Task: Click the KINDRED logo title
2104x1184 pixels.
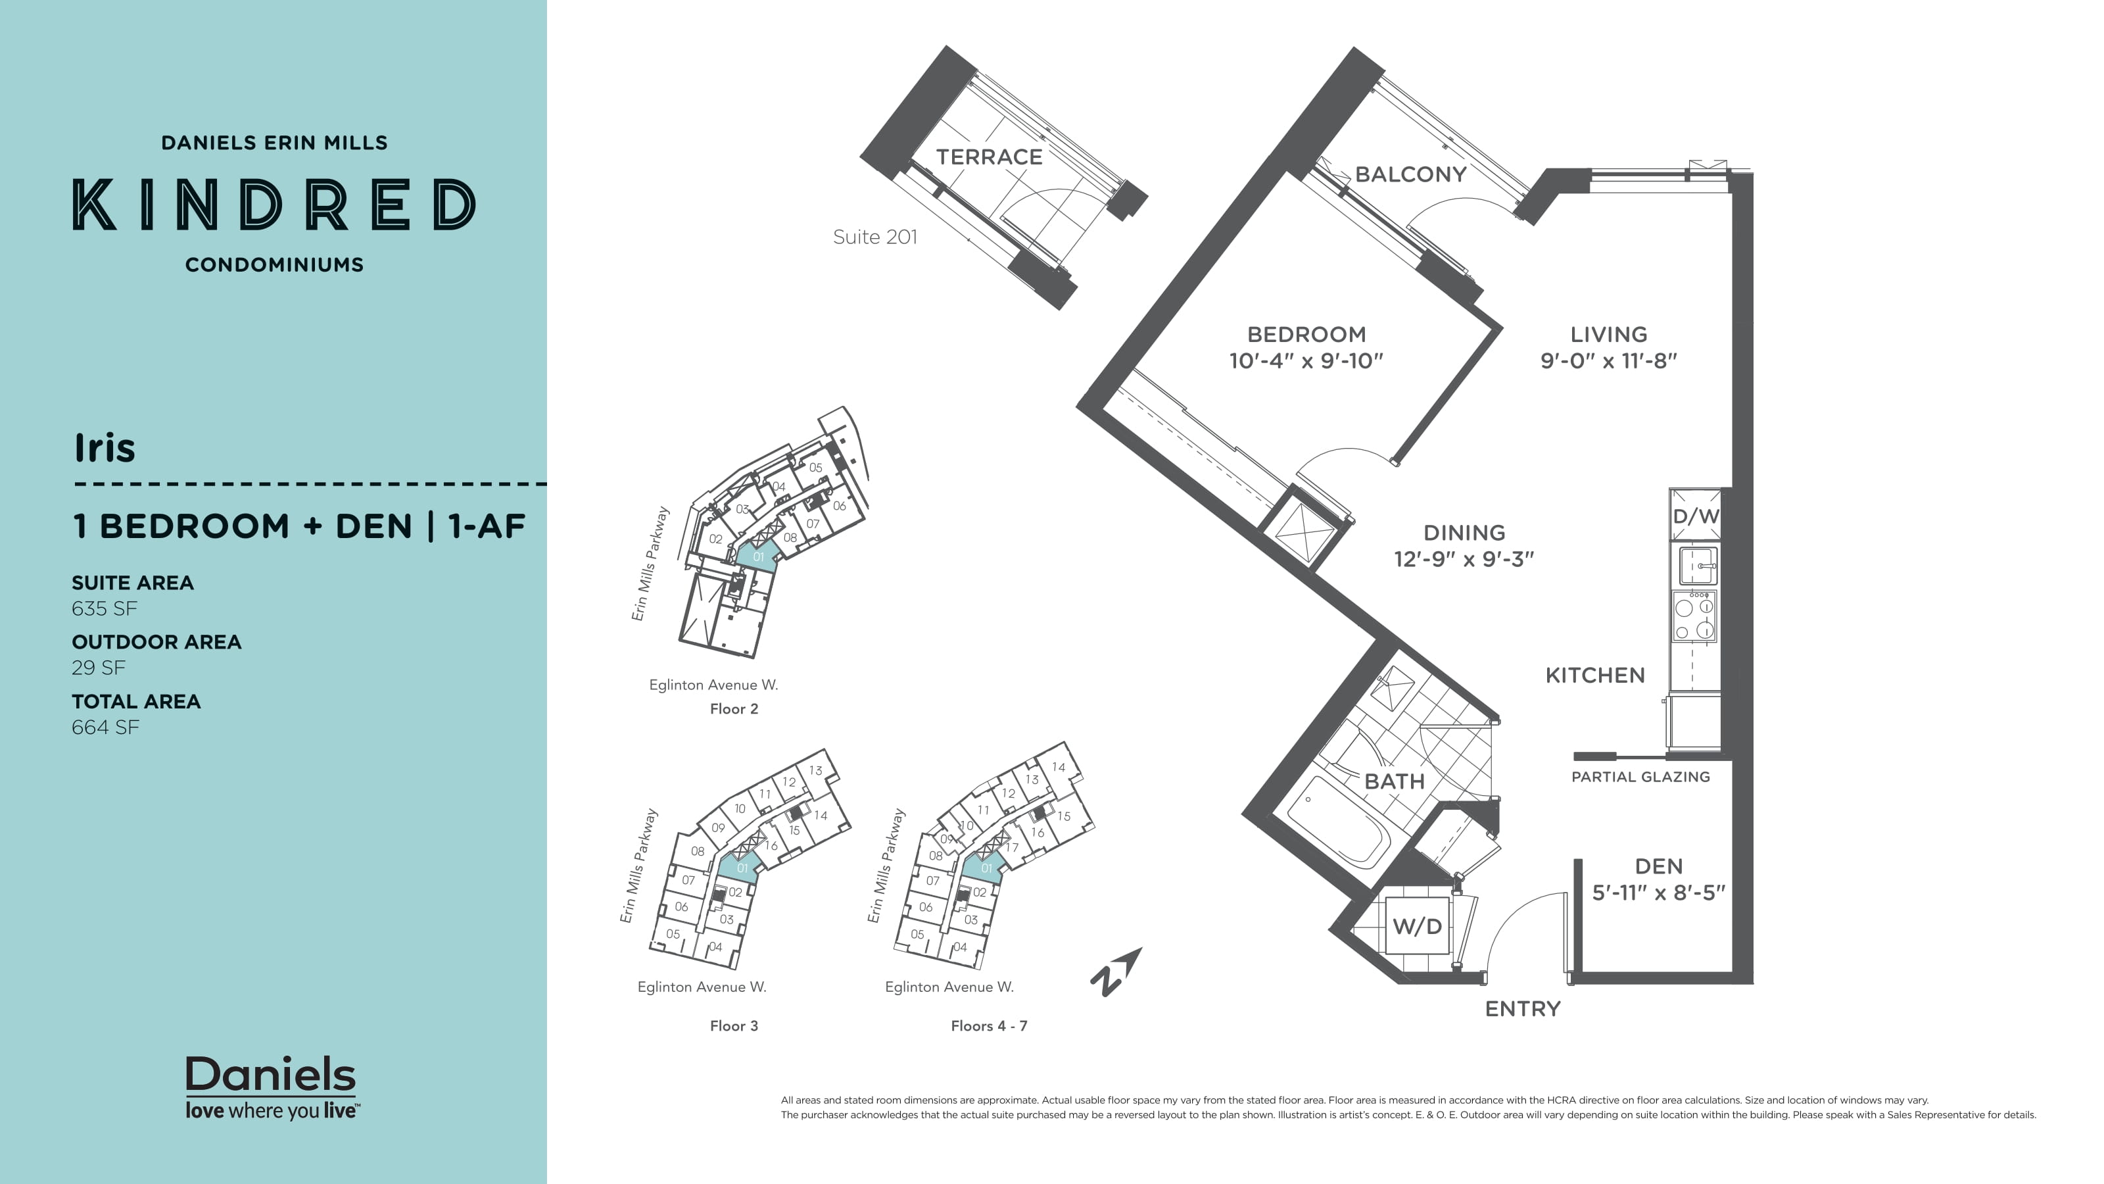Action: (274, 205)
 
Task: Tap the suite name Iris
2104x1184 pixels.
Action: (105, 448)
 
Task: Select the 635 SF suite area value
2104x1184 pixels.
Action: (104, 608)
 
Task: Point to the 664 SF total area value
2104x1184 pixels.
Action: (105, 728)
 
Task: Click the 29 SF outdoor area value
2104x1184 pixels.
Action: (98, 668)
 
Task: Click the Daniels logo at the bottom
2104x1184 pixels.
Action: (271, 1087)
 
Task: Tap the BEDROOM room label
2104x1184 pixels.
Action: (1305, 334)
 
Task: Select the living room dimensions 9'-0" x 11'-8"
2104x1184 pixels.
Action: (1608, 361)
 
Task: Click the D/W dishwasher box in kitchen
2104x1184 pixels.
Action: (1696, 516)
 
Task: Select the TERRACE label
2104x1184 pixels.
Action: (988, 157)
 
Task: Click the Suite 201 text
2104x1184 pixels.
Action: (874, 237)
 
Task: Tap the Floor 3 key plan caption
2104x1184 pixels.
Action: (734, 1026)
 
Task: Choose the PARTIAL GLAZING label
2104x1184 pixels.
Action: (1640, 777)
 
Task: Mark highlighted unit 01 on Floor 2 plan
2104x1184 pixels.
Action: (757, 556)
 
